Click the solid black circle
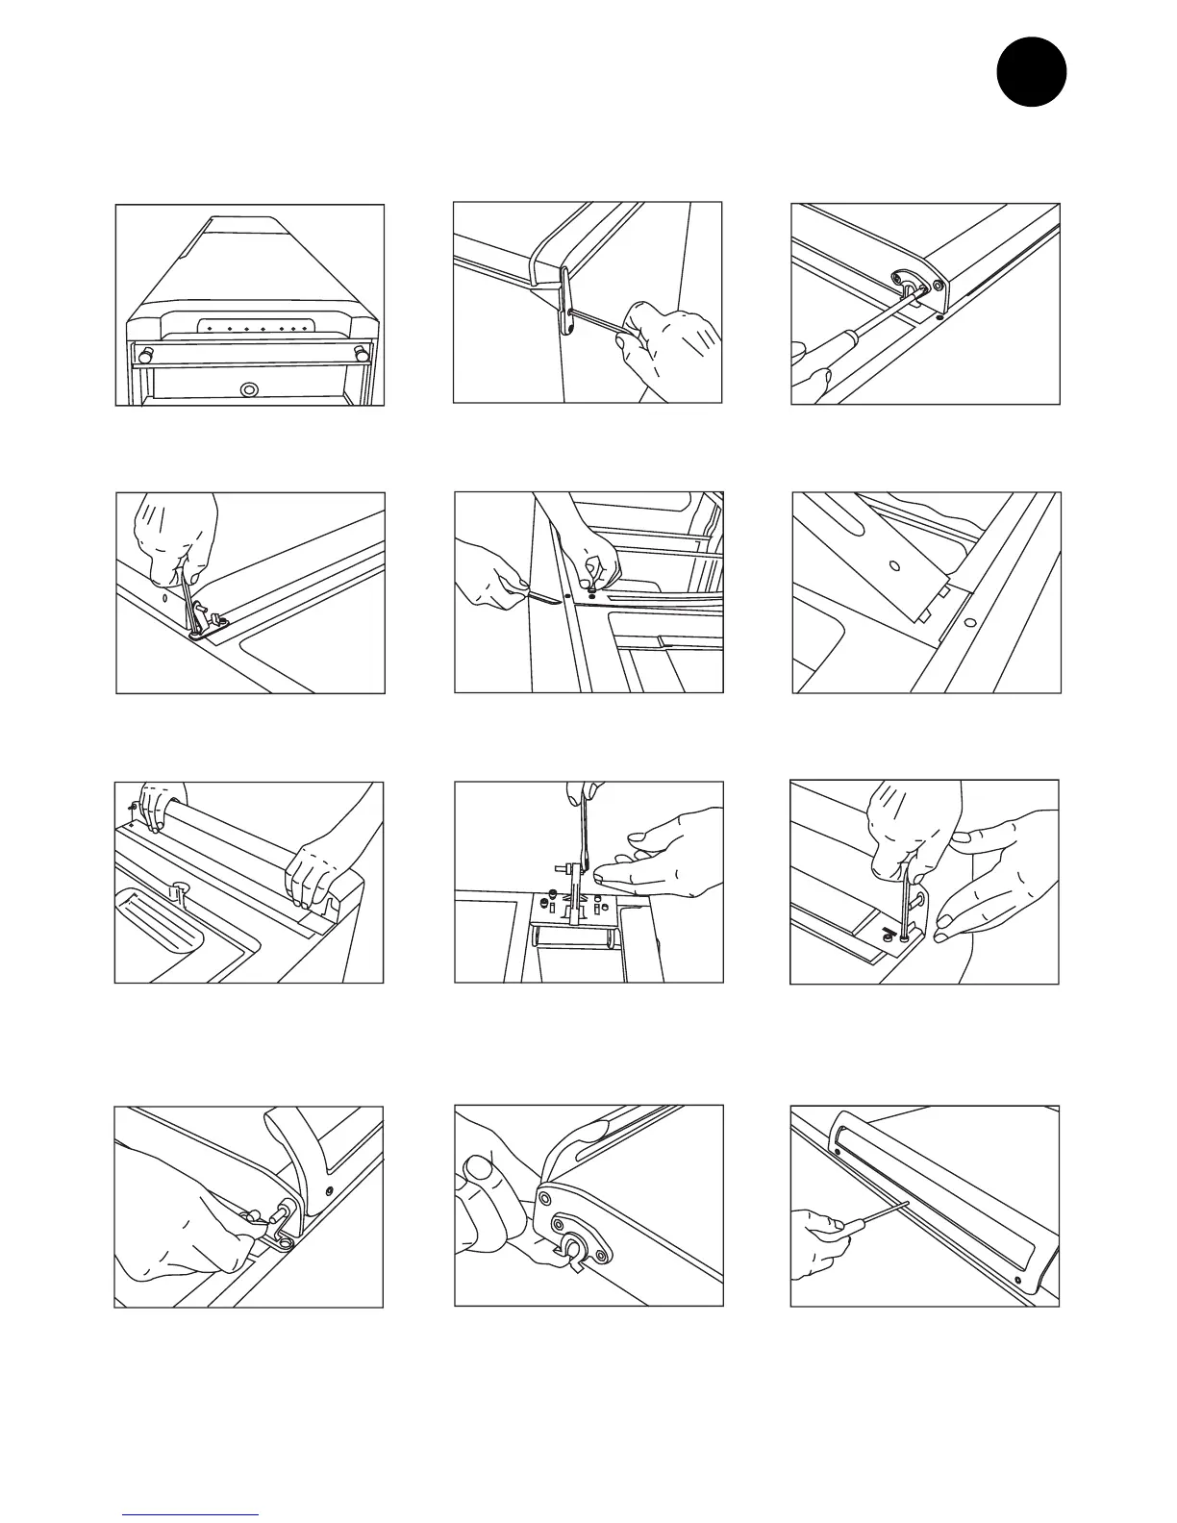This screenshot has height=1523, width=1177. point(1031,71)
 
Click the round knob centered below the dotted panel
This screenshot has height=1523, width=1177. point(250,389)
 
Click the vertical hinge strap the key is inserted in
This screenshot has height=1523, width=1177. point(566,302)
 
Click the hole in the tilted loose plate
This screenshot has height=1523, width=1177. point(894,565)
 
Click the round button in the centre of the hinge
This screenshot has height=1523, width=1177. point(575,1248)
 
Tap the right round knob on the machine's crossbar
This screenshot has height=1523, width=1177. point(360,353)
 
